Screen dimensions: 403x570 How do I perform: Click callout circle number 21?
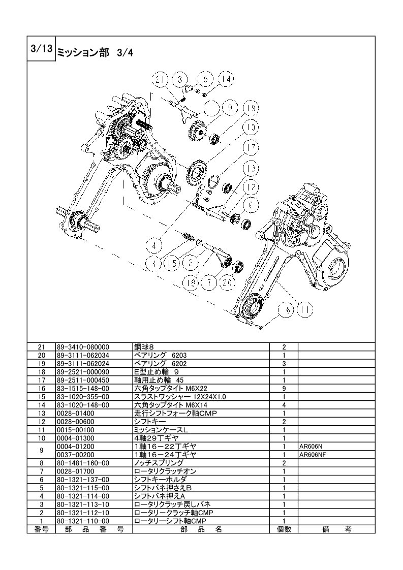[161, 79]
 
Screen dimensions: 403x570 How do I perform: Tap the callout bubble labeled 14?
[226, 79]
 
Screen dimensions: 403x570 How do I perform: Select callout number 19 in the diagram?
[251, 108]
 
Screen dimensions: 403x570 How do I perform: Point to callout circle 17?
[251, 148]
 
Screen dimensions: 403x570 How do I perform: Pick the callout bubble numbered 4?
[154, 246]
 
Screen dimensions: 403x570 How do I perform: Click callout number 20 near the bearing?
[227, 282]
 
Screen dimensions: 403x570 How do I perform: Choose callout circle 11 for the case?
[304, 310]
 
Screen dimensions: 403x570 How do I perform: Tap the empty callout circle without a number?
[211, 108]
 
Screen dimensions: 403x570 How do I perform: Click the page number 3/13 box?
[41, 49]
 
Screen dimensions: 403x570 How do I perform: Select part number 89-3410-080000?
[83, 347]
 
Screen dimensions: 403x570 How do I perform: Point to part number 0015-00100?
[75, 430]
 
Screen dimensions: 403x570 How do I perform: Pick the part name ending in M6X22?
[171, 389]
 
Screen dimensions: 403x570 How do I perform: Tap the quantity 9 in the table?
[284, 389]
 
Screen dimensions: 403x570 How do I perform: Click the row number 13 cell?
[42, 414]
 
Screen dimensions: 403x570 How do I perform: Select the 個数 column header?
[284, 529]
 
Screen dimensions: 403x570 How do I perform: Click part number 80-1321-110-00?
[83, 521]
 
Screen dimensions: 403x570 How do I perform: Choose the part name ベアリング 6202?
[161, 364]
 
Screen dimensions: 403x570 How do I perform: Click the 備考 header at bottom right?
[337, 529]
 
